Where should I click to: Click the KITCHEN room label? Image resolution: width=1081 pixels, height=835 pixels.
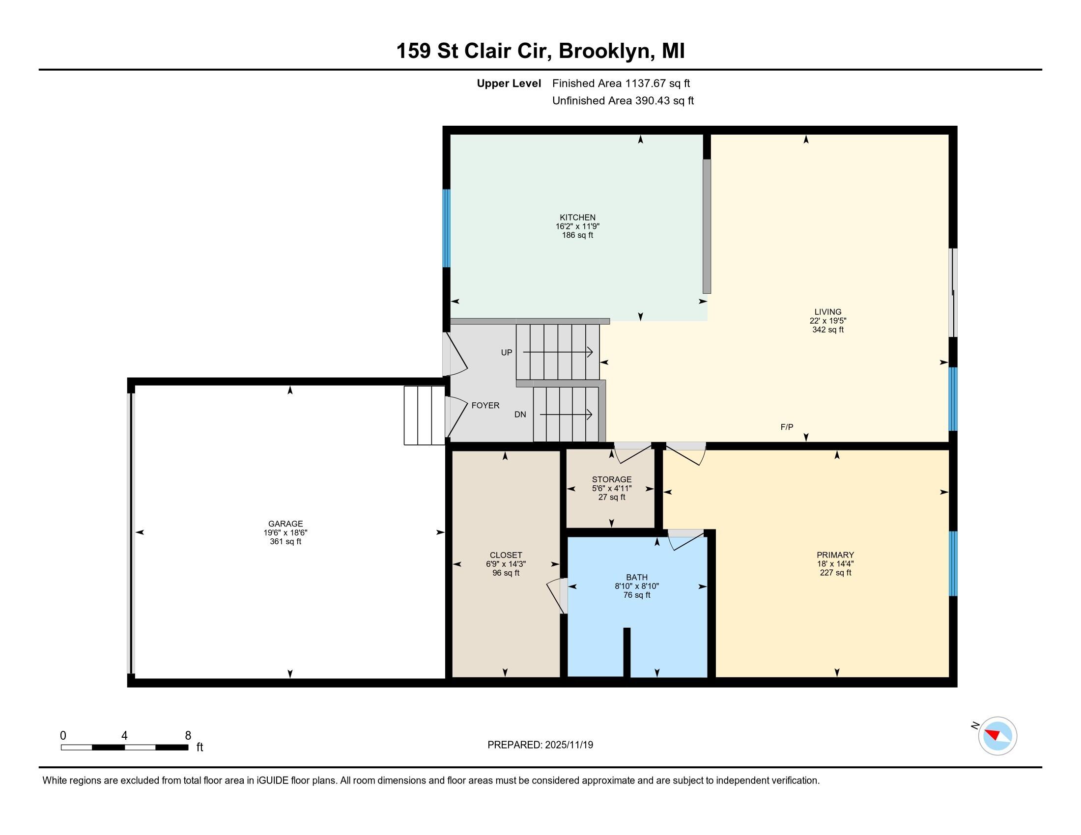point(577,217)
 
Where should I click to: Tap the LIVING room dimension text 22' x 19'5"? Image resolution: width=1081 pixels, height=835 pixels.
point(827,321)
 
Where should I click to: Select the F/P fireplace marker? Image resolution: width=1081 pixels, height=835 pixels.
point(787,427)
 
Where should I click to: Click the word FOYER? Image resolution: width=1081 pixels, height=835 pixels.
point(485,405)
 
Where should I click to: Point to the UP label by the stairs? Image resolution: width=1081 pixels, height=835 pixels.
point(506,353)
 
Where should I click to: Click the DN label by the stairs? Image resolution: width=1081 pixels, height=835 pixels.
point(520,415)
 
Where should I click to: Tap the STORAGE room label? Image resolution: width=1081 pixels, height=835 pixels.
point(611,479)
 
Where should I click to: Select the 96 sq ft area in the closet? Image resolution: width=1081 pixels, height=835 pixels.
point(505,573)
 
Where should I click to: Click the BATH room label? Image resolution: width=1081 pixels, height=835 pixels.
point(636,577)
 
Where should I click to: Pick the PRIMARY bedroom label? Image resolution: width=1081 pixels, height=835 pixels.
point(835,555)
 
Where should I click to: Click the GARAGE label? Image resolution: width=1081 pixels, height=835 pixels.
point(285,524)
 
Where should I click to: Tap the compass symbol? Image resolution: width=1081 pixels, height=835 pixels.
point(997,736)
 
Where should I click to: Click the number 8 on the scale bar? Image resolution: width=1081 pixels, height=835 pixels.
point(188,736)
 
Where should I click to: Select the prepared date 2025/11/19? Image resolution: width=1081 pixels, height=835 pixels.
point(568,745)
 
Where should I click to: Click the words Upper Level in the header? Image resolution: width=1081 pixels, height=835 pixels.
point(509,83)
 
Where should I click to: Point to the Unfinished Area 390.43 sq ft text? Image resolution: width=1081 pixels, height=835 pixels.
point(623,101)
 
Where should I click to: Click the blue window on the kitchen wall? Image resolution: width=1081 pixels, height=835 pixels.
point(447,228)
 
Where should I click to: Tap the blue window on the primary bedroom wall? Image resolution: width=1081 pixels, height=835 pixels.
point(953,563)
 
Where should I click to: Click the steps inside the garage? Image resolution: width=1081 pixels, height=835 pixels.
point(424,416)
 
